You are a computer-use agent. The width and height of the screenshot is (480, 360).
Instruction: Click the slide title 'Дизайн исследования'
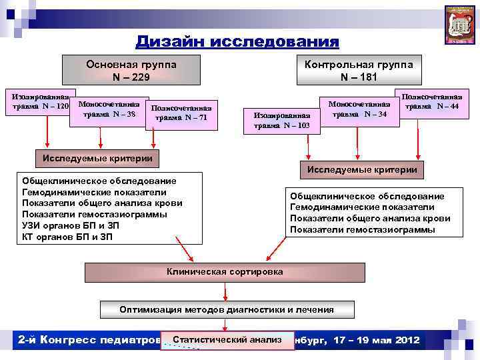237,42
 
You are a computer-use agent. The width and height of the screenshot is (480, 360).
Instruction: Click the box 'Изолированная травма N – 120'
38,101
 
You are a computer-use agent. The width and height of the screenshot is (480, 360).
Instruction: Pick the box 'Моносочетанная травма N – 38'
109,109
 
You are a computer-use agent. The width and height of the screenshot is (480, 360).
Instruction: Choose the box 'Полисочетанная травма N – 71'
181,113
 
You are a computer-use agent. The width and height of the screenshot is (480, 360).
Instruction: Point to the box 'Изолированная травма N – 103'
281,119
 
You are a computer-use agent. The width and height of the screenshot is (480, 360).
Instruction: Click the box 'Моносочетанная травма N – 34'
359,109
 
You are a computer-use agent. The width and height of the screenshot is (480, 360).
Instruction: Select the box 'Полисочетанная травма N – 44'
431,101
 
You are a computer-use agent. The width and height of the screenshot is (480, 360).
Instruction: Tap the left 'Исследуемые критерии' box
97,158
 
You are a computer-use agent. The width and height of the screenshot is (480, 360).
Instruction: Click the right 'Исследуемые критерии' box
362,170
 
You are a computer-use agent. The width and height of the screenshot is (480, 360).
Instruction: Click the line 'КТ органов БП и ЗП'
67,237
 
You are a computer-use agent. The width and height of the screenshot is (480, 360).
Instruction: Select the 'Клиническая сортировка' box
225,272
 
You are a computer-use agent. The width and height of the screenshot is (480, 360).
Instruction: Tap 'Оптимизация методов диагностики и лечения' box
227,310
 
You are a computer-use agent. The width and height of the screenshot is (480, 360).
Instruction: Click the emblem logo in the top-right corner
459,25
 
